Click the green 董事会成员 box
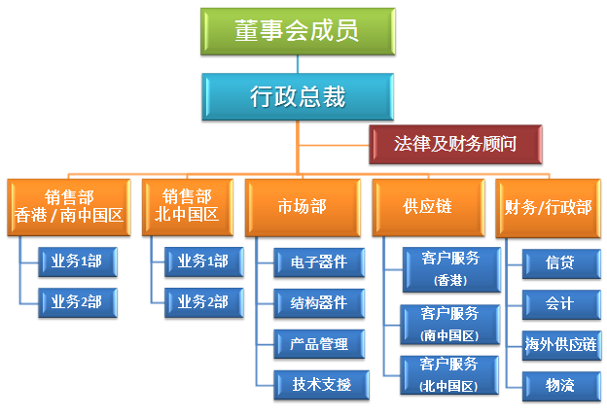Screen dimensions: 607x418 tap(298, 31)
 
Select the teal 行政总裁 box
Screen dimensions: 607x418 tap(298, 96)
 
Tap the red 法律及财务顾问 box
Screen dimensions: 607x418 tap(455, 144)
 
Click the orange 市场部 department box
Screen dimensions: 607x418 tap(303, 207)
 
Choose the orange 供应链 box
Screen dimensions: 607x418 tap(428, 207)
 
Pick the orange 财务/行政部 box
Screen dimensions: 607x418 tap(548, 208)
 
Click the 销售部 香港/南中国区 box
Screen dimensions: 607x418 tap(69, 207)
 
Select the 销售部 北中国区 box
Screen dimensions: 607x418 tap(188, 207)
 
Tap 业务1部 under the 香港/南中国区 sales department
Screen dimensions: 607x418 tap(78, 261)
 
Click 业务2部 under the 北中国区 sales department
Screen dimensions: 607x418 tap(203, 302)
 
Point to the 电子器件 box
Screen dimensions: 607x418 tap(319, 262)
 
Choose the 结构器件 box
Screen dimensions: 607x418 tap(319, 303)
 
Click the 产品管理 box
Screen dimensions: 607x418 tap(319, 344)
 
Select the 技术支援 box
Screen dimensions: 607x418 tap(321, 385)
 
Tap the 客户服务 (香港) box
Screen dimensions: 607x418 tap(451, 269)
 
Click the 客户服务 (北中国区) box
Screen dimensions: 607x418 tap(449, 375)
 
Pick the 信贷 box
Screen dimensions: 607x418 tap(561, 263)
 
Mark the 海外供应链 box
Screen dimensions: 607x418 tap(561, 345)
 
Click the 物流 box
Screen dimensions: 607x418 tap(561, 386)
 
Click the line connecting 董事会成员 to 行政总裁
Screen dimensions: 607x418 tap(298, 64)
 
